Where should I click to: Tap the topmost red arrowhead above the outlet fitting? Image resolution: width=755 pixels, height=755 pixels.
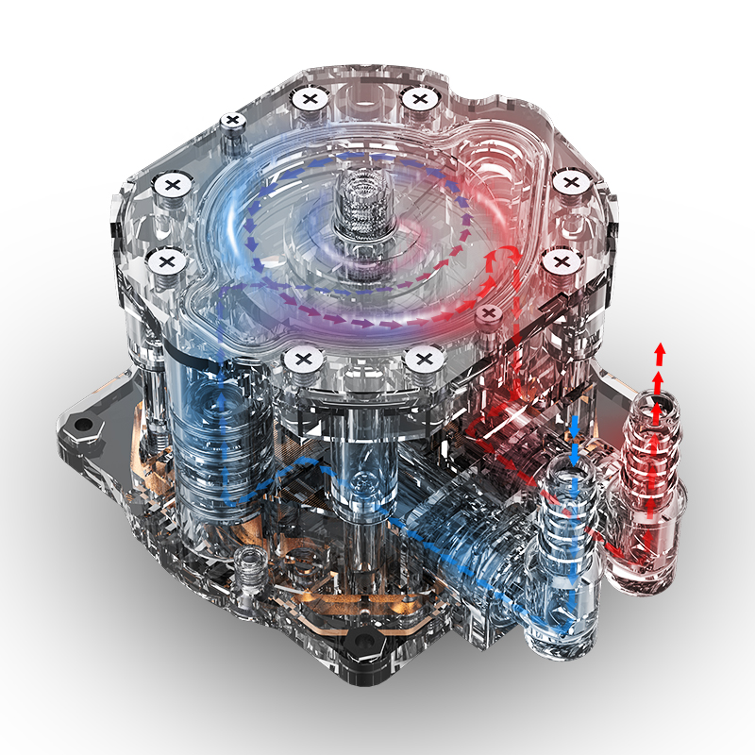[x=660, y=352]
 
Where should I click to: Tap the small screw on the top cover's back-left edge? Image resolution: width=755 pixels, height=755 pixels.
[x=232, y=121]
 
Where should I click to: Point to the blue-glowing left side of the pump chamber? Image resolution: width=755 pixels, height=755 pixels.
[x=236, y=226]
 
